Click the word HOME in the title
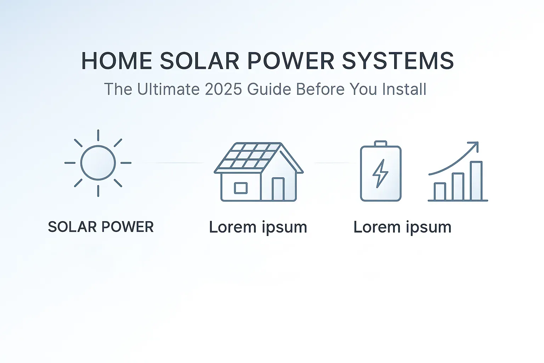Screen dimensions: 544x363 [x=117, y=61]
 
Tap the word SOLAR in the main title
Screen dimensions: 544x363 [x=199, y=61]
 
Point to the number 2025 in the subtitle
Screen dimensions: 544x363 [x=223, y=89]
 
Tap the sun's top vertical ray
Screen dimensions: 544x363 [x=98, y=135]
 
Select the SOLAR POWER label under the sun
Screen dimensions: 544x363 [x=101, y=227]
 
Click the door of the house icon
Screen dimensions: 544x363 [x=278, y=189]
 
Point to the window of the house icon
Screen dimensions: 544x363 [x=241, y=188]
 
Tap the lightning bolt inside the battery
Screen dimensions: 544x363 [x=380, y=173]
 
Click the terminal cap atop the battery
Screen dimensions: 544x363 [x=381, y=144]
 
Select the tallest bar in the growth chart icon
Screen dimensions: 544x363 [x=476, y=181]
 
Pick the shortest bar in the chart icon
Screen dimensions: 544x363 [x=440, y=192]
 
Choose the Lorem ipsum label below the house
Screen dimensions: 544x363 [x=258, y=228]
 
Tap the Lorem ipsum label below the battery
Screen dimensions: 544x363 [x=402, y=228]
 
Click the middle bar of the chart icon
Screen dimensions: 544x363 [x=458, y=187]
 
